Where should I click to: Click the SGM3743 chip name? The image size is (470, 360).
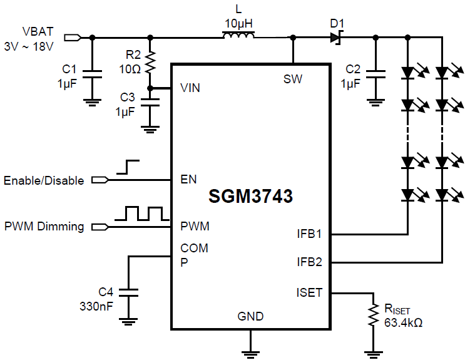pos(250,197)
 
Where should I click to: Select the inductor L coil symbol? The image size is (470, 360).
pos(238,38)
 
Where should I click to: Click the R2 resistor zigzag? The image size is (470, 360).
pos(150,63)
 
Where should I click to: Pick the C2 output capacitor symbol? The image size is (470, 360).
pos(375,74)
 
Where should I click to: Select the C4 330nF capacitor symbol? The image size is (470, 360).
pos(128,292)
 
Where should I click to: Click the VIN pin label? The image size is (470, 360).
pos(190,88)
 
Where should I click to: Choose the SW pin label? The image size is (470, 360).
pos(293,79)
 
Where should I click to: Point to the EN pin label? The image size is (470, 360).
pos(188,180)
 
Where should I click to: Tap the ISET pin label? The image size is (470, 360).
pos(309,292)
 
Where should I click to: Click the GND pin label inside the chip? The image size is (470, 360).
pos(250,316)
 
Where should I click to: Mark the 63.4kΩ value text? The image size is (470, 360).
pos(404,323)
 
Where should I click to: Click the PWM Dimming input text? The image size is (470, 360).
pos(44,226)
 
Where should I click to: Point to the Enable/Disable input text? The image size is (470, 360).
pos(44,180)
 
